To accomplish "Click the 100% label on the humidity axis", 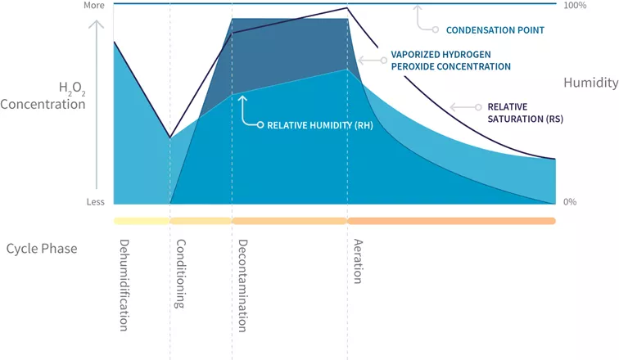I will [x=575, y=6].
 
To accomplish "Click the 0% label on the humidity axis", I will [x=572, y=202].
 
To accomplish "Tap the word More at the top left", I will [x=95, y=6].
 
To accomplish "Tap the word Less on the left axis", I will [x=96, y=202].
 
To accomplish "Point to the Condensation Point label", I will [x=495, y=30].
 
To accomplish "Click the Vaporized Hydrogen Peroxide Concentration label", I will [x=450, y=61].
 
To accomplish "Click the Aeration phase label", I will [x=358, y=261].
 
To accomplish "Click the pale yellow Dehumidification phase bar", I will [x=142, y=221].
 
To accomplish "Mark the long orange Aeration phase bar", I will [x=451, y=221].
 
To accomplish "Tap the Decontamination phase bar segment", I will [x=290, y=221].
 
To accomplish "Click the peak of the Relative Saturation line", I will [x=348, y=8].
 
